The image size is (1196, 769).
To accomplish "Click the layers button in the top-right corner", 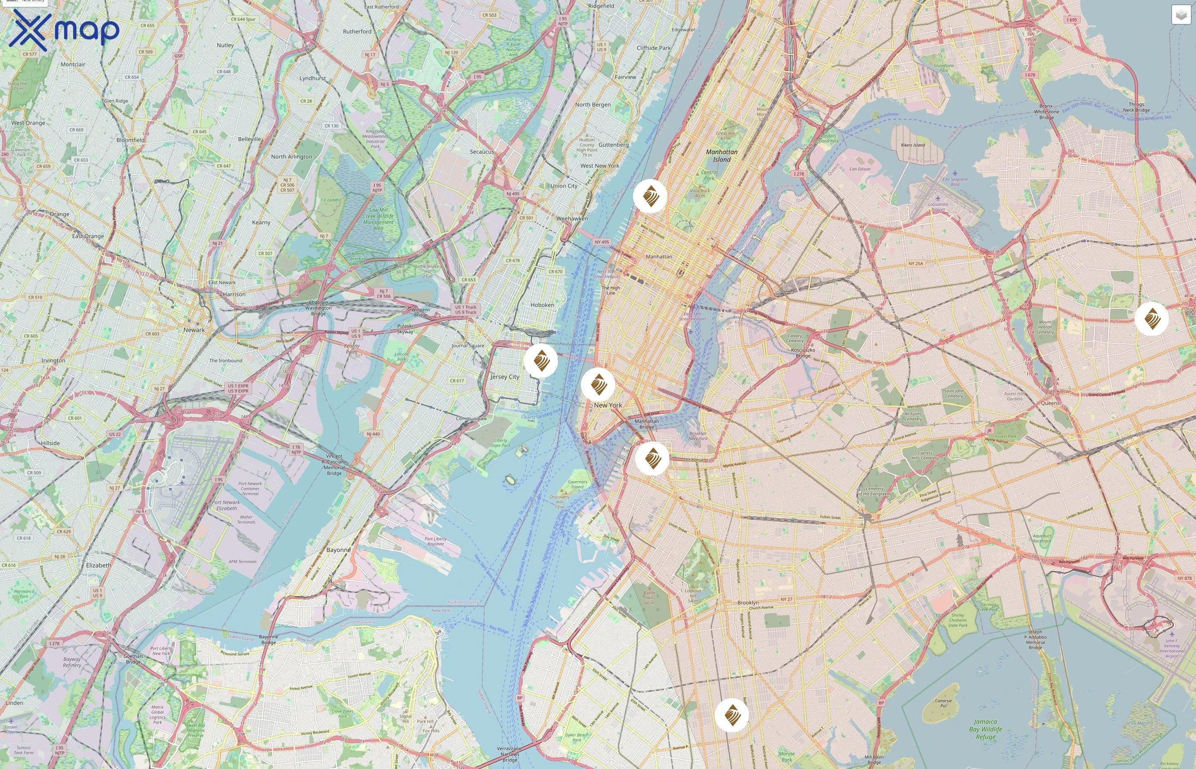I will [1181, 15].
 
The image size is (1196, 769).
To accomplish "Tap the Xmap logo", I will [64, 30].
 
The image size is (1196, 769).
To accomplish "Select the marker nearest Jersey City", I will [541, 360].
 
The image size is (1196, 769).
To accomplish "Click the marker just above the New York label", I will [598, 384].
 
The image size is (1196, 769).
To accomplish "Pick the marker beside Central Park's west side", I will [650, 196].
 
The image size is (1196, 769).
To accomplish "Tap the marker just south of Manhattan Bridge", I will [652, 458].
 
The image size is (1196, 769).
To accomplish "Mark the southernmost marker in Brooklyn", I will [731, 715].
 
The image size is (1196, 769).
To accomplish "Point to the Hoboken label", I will [542, 305].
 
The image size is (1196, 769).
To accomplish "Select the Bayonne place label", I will [338, 550].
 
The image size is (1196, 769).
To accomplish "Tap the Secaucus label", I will [482, 151].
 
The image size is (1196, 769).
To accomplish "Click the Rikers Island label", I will [912, 145].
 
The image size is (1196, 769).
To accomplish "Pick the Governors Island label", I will [577, 484].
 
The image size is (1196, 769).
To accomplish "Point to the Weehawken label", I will [572, 218].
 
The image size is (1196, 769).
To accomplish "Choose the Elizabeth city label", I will [98, 565].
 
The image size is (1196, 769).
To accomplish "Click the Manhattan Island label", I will [721, 156].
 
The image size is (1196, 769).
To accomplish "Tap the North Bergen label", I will [592, 104].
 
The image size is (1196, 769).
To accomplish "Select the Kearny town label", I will [261, 222].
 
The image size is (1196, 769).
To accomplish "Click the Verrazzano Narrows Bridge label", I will [509, 754].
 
